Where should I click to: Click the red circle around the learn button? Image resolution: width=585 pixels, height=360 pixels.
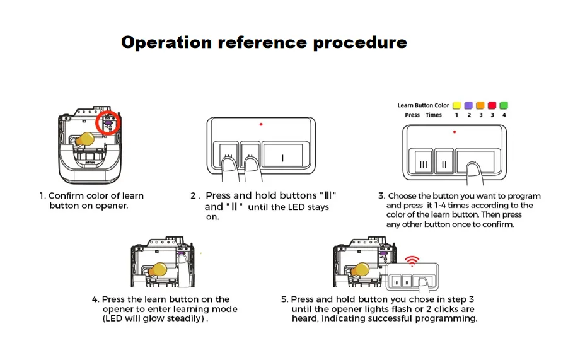96,123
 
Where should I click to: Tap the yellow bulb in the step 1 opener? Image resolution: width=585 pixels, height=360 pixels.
85,139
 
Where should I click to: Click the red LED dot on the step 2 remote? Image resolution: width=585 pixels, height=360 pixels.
261,124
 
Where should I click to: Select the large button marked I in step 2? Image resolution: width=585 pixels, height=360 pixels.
282,155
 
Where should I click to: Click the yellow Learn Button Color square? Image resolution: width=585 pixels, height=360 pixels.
456,105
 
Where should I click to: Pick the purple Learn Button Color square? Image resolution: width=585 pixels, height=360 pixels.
468,105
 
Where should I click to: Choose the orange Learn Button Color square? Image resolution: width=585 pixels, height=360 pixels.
480,105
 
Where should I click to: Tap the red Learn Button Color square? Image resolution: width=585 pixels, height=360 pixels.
492,105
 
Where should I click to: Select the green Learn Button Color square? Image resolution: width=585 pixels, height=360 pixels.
504,105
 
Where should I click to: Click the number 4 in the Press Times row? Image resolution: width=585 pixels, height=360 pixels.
504,115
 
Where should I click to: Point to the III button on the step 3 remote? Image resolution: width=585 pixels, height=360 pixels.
423,162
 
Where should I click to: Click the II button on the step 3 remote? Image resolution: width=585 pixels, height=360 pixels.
444,162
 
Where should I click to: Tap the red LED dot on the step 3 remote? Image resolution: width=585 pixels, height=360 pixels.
455,132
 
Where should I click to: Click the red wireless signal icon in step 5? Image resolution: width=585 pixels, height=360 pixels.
412,261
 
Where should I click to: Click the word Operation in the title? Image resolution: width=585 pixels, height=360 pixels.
166,42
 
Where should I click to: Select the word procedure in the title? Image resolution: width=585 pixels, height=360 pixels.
360,42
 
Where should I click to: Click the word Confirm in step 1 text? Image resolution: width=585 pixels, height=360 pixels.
66,196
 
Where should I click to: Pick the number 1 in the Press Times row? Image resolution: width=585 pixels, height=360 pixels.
456,115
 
